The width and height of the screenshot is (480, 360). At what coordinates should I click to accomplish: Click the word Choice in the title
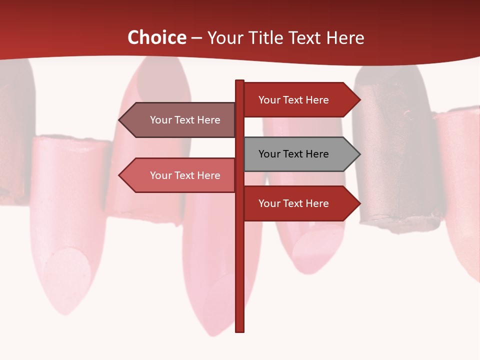(156, 38)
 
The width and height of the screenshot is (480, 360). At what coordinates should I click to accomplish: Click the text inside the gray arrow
(293, 154)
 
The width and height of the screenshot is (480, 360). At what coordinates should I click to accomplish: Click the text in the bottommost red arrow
(293, 203)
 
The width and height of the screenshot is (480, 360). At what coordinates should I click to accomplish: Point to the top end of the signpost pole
(239, 82)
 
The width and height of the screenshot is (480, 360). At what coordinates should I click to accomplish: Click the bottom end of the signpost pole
(239, 330)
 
